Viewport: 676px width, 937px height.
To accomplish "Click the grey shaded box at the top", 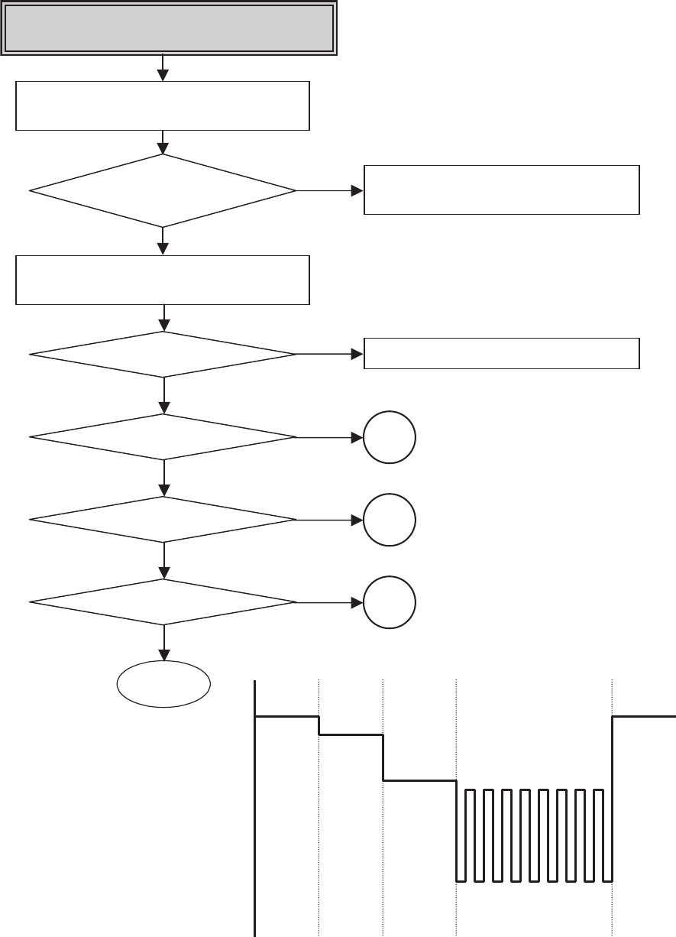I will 169,28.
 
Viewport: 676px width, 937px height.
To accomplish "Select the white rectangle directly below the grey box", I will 163,105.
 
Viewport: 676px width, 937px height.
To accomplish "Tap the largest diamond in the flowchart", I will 163,190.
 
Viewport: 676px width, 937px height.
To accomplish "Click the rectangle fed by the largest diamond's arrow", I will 501,190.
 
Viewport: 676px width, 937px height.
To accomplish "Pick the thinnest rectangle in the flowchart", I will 501,353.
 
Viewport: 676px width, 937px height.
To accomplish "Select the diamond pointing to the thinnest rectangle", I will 163,354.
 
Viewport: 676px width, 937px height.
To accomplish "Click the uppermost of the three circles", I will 390,437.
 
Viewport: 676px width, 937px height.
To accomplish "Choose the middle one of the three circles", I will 390,520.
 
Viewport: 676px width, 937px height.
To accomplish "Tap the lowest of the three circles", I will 390,602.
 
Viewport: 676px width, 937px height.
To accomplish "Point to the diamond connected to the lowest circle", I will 163,602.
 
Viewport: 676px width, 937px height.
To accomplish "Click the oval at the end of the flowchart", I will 163,684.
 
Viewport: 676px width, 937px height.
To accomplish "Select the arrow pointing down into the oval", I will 163,646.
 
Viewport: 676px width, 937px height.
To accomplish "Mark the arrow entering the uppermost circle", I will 328,437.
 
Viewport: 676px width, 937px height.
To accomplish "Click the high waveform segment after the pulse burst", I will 644,716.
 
